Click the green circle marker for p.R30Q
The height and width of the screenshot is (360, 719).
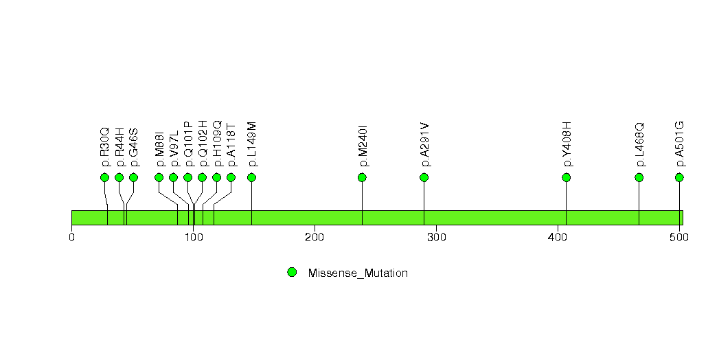(x=104, y=177)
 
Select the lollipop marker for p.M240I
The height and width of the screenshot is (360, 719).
(x=362, y=177)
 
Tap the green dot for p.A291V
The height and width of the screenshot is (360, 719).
(x=424, y=177)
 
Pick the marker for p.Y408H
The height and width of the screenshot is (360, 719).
(x=566, y=177)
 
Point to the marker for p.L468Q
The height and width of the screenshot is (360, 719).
(x=639, y=177)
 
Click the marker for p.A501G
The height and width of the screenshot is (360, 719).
(x=679, y=177)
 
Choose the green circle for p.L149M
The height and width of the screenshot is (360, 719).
(x=251, y=177)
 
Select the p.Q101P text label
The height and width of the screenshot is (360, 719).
(x=188, y=144)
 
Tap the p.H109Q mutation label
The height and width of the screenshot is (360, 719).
(x=217, y=144)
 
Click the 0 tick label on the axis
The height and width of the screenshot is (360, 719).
(x=71, y=238)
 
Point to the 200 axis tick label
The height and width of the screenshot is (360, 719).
(x=315, y=238)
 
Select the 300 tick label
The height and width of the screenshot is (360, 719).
(x=436, y=238)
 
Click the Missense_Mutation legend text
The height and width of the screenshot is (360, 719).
(x=358, y=273)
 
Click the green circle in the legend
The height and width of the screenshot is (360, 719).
(x=292, y=272)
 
